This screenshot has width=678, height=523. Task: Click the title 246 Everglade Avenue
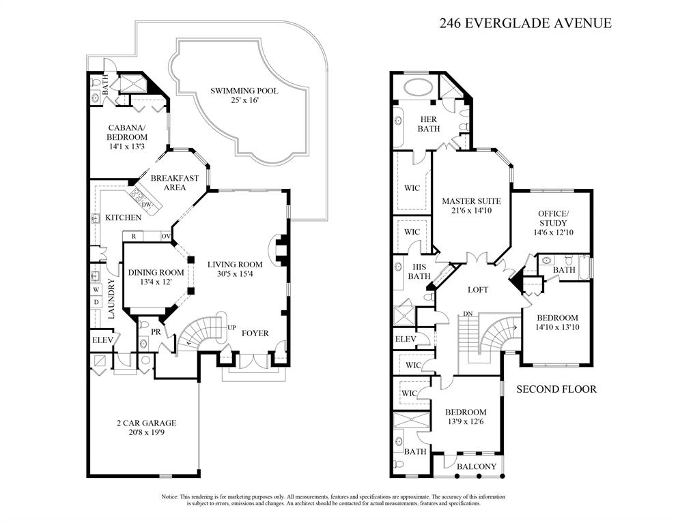[x=524, y=23]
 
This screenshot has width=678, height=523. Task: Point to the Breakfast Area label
[x=175, y=183]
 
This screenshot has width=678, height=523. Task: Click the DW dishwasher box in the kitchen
[x=146, y=205]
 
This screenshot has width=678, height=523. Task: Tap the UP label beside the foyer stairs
[x=231, y=328]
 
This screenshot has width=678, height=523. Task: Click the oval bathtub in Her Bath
[x=414, y=87]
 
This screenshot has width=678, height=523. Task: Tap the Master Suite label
[x=471, y=201]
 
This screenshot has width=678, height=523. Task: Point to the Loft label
[x=478, y=290]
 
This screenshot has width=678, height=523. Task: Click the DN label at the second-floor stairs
[x=468, y=314]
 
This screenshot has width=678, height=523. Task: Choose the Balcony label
[x=477, y=466]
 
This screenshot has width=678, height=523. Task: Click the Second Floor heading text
[x=556, y=389]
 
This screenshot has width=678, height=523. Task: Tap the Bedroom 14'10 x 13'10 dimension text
[x=557, y=327]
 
